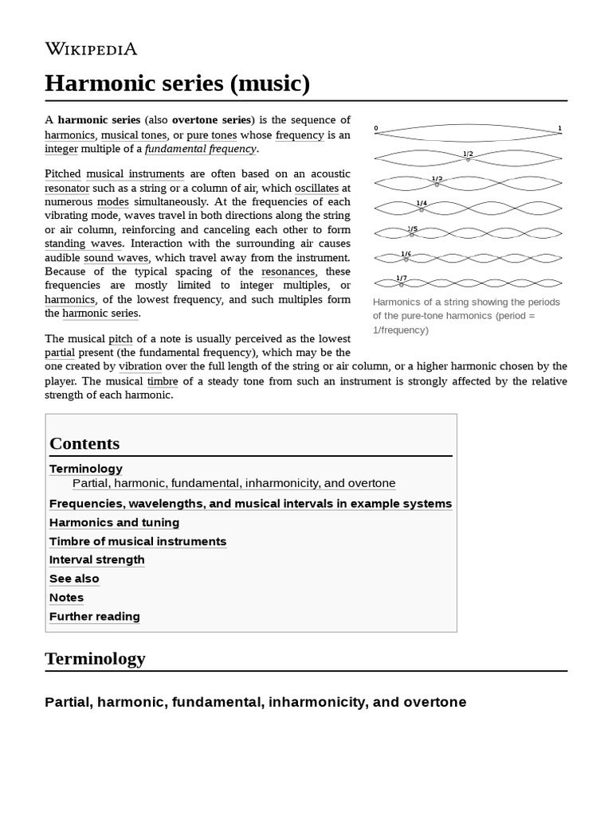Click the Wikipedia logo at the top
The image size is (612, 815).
click(91, 49)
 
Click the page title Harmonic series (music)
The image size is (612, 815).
click(177, 83)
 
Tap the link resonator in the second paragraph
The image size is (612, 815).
click(67, 188)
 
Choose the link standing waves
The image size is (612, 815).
click(84, 244)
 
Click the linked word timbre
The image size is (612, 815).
click(163, 380)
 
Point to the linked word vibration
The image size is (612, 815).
click(140, 366)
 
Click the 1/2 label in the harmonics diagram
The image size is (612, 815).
click(468, 154)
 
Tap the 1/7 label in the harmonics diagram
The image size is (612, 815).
click(402, 278)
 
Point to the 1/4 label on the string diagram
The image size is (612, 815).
click(422, 203)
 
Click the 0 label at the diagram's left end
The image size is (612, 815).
click(376, 128)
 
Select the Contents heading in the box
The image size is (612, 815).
click(84, 443)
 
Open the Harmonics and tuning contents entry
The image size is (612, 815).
click(114, 522)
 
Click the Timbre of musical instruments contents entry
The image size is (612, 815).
click(138, 541)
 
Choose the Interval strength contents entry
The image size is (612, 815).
click(97, 560)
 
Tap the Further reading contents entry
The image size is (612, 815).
click(95, 616)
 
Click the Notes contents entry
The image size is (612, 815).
click(66, 597)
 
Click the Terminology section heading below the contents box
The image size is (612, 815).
click(96, 658)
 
